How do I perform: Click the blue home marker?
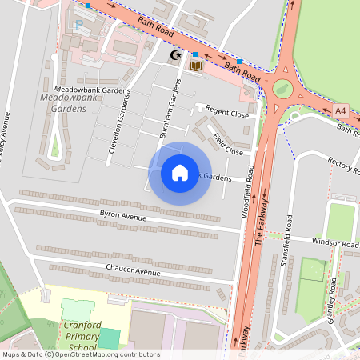click(180, 173)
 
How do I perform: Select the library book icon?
click(195, 65)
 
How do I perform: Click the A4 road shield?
click(342, 110)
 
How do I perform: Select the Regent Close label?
click(227, 112)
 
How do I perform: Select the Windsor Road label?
click(334, 242)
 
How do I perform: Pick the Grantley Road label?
click(334, 298)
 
